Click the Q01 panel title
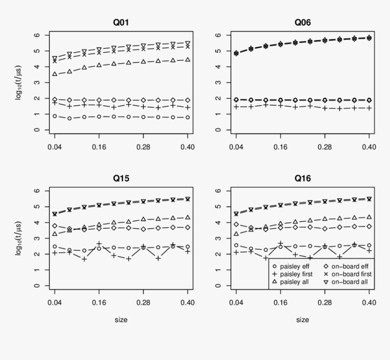click(121, 22)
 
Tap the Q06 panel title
click(302, 22)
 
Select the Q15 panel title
click(121, 178)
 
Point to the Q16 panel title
click(302, 178)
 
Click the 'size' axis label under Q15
click(121, 320)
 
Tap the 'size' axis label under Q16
click(302, 320)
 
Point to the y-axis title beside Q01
click(19, 82)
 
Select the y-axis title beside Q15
click(19, 238)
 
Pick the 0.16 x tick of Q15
click(99, 303)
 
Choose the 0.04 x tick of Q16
click(236, 303)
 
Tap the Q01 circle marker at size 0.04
click(54, 116)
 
